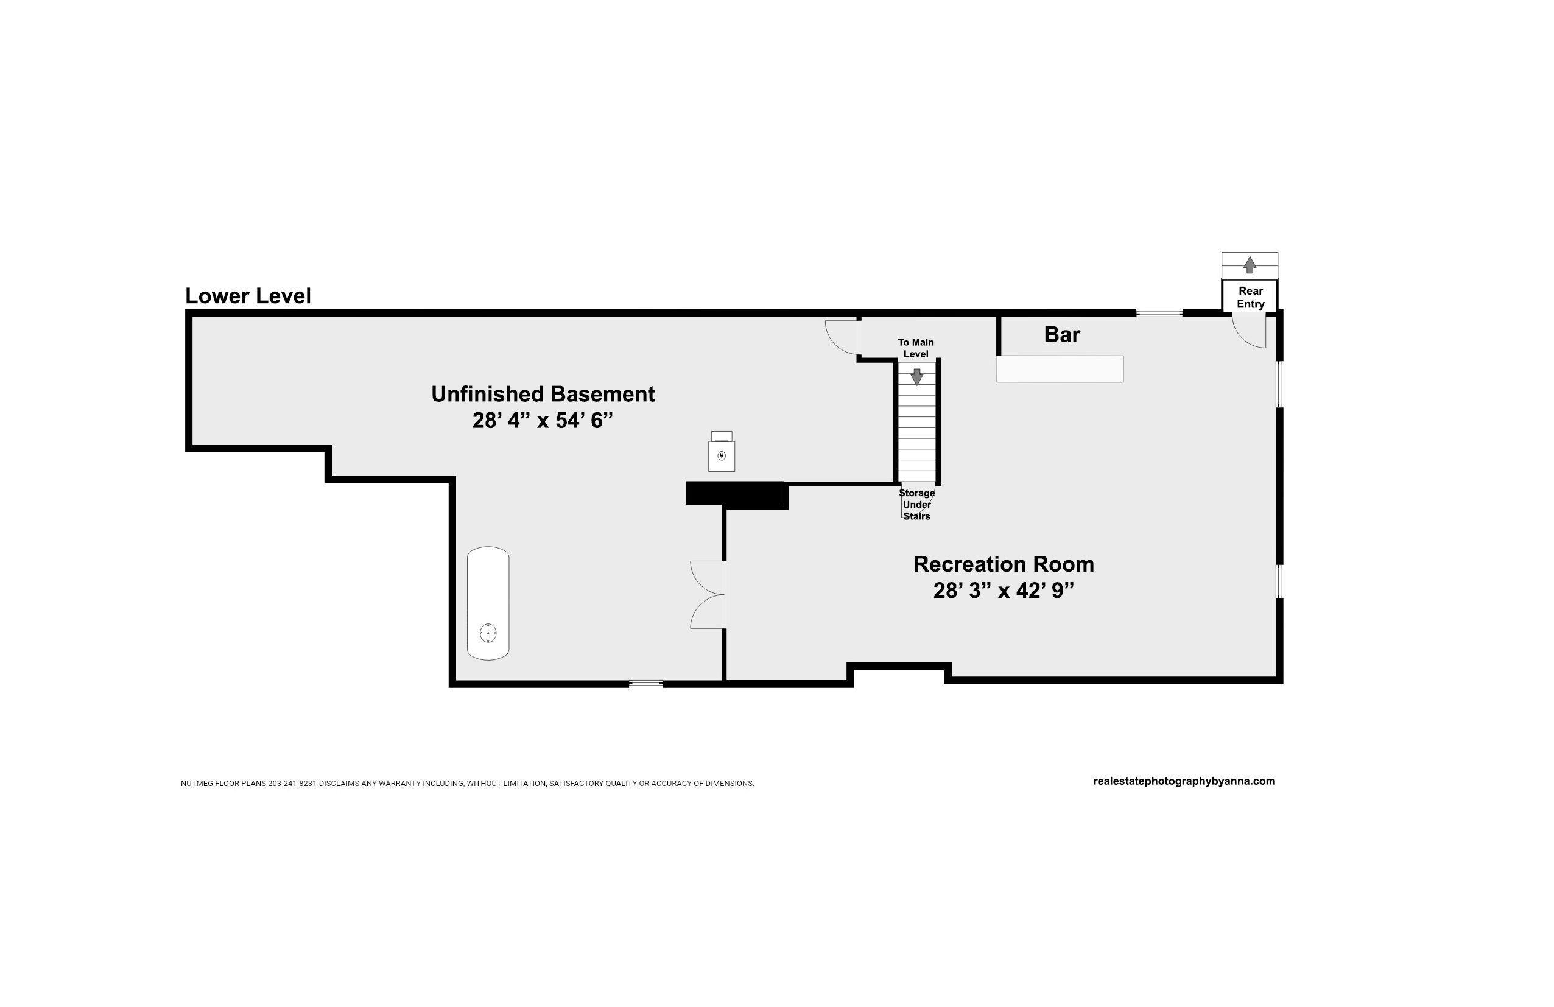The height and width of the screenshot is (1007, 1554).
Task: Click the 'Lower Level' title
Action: (248, 296)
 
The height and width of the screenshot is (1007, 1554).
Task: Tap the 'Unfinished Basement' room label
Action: (543, 394)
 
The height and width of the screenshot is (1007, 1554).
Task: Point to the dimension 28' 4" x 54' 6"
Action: (543, 420)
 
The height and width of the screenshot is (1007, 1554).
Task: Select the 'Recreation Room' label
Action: (1004, 564)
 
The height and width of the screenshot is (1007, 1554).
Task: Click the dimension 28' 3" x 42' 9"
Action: (1004, 591)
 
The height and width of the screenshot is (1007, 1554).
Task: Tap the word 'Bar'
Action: (1062, 334)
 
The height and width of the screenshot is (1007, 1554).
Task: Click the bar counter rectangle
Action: (1060, 369)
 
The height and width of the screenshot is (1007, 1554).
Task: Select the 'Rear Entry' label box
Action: (1250, 297)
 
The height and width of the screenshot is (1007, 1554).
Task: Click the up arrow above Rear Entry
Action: (1250, 264)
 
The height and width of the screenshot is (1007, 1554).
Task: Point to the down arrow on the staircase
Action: (916, 377)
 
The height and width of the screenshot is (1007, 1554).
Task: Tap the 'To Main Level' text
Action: (915, 348)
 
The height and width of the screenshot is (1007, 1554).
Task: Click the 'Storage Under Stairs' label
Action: (916, 505)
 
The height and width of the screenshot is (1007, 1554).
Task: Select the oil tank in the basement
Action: (488, 603)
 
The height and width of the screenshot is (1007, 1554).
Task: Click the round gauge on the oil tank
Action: (488, 633)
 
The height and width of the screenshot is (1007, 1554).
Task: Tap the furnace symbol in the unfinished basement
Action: (722, 451)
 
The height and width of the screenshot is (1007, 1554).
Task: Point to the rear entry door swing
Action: (1249, 330)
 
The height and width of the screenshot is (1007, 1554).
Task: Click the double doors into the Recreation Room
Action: (708, 595)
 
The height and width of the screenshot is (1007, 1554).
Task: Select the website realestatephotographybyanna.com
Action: (1184, 781)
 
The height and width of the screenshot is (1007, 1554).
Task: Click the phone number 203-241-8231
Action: (292, 783)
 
